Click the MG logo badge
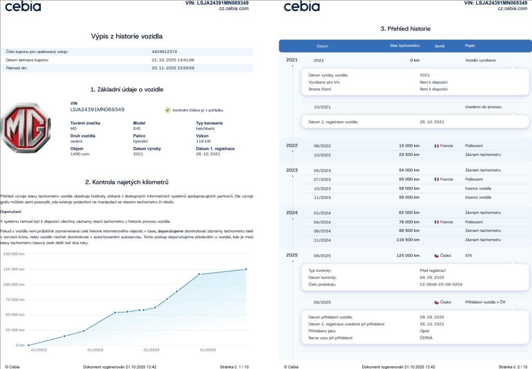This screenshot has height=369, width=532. tap(26, 128)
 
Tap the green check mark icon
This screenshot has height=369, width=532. tap(168, 110)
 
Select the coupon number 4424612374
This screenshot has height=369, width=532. tap(165, 51)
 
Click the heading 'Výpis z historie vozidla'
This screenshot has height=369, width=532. tap(127, 36)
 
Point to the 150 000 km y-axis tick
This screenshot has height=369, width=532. tap(14, 254)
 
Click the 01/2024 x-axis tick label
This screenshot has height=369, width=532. tap(151, 350)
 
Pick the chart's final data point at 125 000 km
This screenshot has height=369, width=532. tap(245, 269)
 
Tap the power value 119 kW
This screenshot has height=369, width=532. tap(203, 141)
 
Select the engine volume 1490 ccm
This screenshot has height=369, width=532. tap(80, 154)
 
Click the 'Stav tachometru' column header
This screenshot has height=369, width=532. tap(404, 46)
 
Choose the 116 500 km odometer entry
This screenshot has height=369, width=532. tap(406, 240)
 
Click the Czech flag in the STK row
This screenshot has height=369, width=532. tap(437, 256)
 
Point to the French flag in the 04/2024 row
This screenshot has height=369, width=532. tap(437, 222)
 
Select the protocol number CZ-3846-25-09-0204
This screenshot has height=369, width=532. tap(441, 284)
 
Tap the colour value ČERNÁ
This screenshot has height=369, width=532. tap(426, 338)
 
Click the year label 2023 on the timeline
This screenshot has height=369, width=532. tap(292, 170)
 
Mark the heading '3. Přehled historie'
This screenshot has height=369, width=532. tap(405, 29)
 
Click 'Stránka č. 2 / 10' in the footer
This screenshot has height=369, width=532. tap(513, 366)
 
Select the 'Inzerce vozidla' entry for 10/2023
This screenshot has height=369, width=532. tap(478, 188)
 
